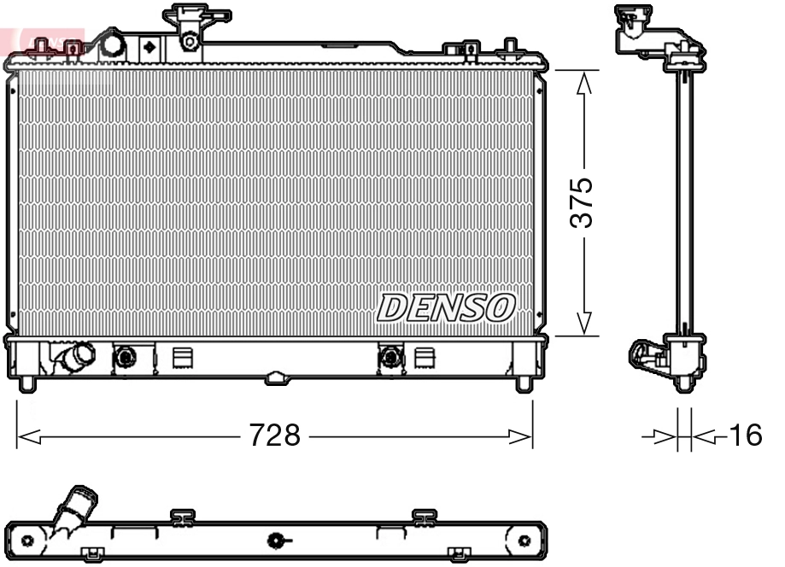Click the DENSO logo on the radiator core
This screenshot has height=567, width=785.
446,308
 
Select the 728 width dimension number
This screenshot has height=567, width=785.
274,436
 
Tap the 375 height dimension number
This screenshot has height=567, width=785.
583,202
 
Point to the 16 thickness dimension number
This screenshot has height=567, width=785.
744,436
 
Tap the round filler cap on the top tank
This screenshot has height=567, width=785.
111,44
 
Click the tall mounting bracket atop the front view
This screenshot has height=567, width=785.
191,26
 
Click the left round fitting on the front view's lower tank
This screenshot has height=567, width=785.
126,356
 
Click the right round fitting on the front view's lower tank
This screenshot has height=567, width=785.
390,356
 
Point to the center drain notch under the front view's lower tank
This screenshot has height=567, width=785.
275,377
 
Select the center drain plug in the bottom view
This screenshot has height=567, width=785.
276,540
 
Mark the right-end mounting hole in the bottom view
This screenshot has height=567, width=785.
524,540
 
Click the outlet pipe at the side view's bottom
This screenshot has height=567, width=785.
646,356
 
